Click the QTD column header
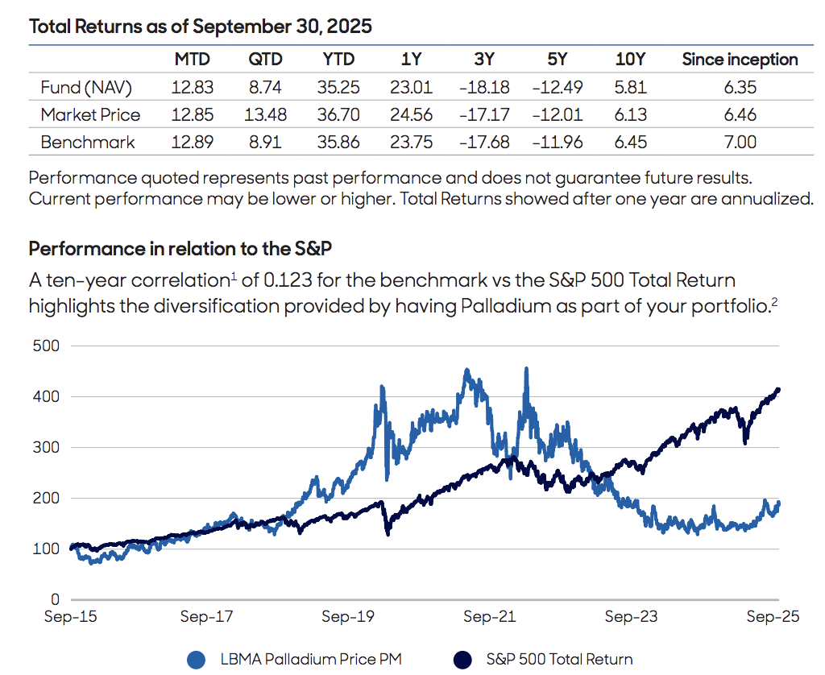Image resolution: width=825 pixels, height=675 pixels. point(265,60)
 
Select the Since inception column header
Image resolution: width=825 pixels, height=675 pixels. point(740,60)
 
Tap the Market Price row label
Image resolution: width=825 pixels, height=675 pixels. point(90,115)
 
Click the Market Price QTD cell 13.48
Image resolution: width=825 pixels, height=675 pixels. point(265,115)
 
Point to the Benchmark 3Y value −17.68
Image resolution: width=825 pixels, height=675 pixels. point(483,143)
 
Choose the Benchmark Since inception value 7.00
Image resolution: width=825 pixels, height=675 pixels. point(740,143)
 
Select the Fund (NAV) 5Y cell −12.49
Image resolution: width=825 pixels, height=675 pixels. point(557,87)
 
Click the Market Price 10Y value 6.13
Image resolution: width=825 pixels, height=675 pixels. point(630,115)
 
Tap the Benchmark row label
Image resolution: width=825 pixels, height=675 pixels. point(88,143)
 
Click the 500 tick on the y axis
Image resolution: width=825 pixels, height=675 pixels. point(48,346)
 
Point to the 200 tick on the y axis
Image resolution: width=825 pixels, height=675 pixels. point(48,498)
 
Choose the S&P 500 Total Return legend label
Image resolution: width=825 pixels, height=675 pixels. point(559,659)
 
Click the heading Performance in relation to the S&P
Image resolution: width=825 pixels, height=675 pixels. point(169,248)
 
